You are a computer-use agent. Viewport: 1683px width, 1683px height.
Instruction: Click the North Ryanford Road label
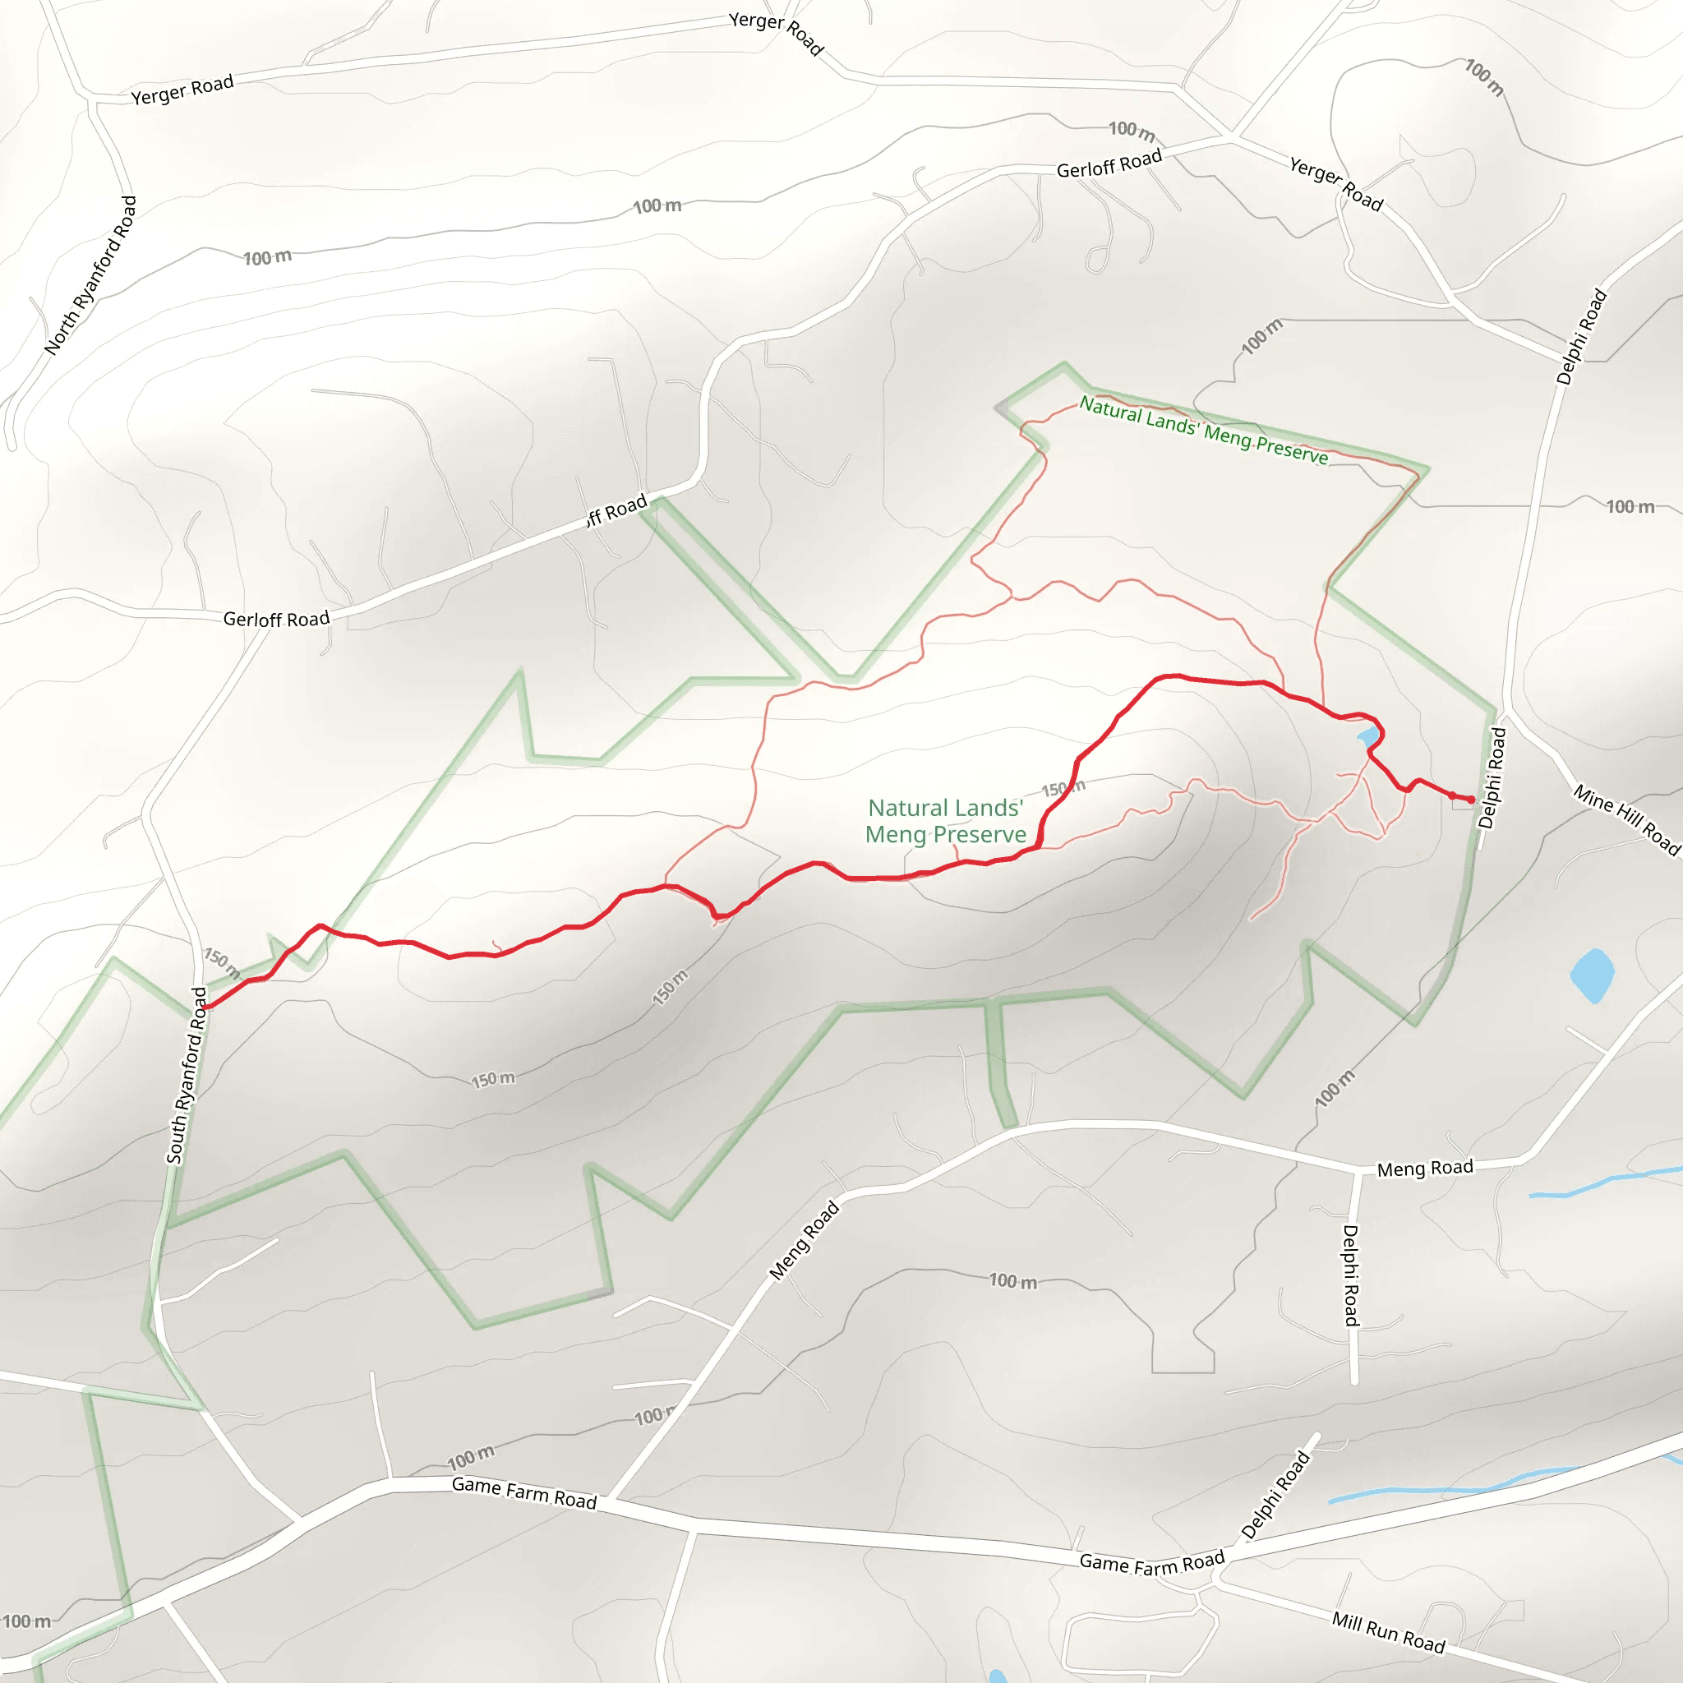pyautogui.click(x=91, y=275)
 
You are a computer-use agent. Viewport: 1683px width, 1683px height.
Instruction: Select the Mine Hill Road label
pyautogui.click(x=1625, y=819)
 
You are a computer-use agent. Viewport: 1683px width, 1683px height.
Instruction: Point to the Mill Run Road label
pyautogui.click(x=1388, y=1631)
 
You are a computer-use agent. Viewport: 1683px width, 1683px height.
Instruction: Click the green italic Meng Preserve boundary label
pyautogui.click(x=1204, y=431)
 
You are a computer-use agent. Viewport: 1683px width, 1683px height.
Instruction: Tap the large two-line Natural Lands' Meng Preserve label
pyautogui.click(x=946, y=821)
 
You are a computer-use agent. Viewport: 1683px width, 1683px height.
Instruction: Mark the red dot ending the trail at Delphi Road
pyautogui.click(x=1471, y=800)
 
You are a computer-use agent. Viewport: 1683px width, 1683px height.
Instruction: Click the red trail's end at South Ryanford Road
pyautogui.click(x=205, y=1007)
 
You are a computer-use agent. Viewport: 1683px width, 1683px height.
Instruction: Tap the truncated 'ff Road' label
pyautogui.click(x=617, y=510)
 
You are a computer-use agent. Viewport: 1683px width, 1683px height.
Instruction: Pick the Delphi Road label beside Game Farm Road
pyautogui.click(x=1275, y=1495)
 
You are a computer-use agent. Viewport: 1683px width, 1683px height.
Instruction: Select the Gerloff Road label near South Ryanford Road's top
pyautogui.click(x=276, y=620)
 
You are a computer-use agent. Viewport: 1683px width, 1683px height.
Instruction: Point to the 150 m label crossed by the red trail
pyautogui.click(x=1063, y=788)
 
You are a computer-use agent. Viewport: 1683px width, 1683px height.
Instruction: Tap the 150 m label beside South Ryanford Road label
pyautogui.click(x=222, y=962)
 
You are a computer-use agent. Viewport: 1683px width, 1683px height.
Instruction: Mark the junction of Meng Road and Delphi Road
pyautogui.click(x=1360, y=1170)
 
